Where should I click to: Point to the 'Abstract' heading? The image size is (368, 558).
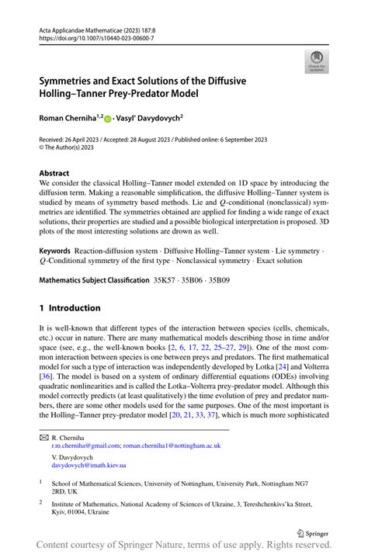54,173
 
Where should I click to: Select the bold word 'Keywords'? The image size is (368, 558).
54,252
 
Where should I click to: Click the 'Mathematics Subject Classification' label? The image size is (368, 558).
94,279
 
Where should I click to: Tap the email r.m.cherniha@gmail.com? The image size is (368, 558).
85,445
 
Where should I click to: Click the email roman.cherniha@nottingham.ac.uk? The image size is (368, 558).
172,445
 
